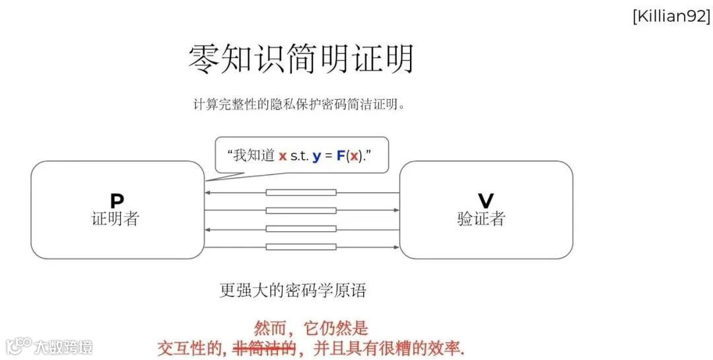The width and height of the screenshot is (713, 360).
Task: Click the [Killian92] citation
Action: point(671,17)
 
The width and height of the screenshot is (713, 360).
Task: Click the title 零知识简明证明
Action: point(301,59)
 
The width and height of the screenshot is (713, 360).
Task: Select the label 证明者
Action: point(116,219)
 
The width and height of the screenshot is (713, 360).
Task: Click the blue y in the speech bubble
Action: point(316,156)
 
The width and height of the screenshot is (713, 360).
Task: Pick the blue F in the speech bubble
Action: point(341,156)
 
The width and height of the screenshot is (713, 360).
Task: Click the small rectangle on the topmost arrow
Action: point(301,193)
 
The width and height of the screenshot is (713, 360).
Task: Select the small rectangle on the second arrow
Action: point(301,211)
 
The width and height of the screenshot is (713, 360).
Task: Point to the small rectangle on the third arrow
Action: point(301,229)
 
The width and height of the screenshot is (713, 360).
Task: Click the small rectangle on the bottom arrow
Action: point(301,247)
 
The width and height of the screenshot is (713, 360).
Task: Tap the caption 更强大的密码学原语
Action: point(292,290)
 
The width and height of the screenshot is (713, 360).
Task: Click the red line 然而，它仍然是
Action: point(311,328)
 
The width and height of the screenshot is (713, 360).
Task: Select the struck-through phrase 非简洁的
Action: point(265,348)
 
